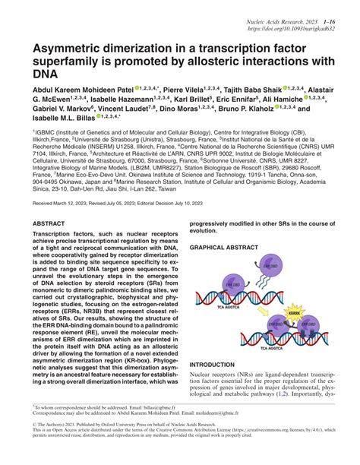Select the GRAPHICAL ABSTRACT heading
pos(222,248)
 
